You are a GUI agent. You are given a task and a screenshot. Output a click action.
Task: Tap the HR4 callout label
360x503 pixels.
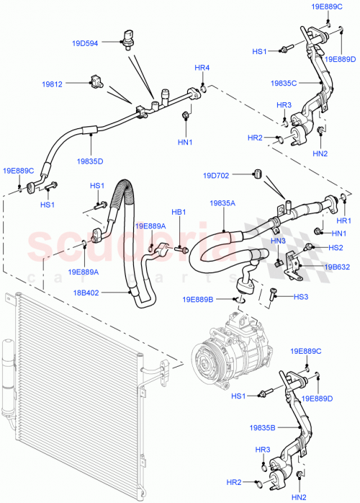(202, 68)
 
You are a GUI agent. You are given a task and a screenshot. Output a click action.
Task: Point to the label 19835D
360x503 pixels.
(89, 161)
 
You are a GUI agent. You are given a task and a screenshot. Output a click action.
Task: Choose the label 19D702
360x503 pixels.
(215, 174)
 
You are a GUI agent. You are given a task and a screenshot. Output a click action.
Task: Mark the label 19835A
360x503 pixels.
(222, 204)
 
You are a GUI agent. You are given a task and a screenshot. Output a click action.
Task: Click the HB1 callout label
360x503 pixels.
(179, 213)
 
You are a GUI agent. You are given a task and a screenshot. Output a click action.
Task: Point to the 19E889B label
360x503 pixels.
(199, 299)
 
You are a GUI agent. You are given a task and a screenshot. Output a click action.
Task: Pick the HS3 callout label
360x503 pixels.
(300, 296)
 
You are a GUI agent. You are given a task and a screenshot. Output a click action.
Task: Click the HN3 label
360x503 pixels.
(279, 241)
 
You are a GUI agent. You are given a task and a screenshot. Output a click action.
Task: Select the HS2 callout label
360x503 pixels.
(336, 247)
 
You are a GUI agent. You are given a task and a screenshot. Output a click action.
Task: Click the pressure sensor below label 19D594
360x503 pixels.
(129, 38)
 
